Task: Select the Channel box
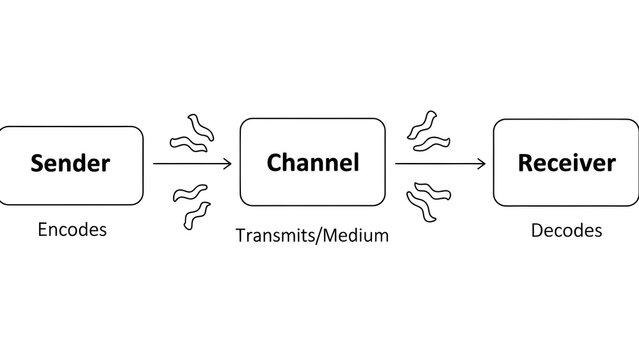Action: (x=312, y=162)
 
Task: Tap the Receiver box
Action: (x=566, y=162)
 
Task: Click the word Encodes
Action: (x=72, y=229)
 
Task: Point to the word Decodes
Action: (x=566, y=230)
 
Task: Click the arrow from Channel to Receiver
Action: (x=440, y=163)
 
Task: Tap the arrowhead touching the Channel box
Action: (x=228, y=163)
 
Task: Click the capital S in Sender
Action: (x=38, y=163)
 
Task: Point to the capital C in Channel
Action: (x=274, y=162)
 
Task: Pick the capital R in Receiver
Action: (x=525, y=162)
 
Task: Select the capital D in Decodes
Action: (x=536, y=230)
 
